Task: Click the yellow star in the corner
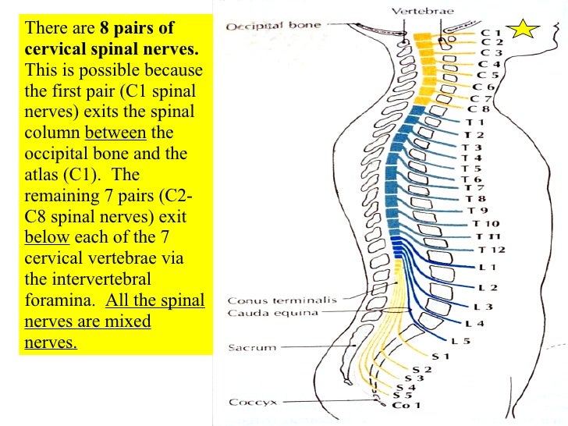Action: pyautogui.click(x=524, y=29)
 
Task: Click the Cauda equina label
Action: pyautogui.click(x=262, y=313)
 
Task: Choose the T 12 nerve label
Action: pyautogui.click(x=492, y=249)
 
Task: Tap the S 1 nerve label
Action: pyautogui.click(x=441, y=356)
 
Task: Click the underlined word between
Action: pyautogui.click(x=115, y=133)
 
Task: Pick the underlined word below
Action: pyautogui.click(x=46, y=237)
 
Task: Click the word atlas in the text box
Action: pyautogui.click(x=43, y=174)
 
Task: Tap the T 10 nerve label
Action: pyautogui.click(x=489, y=223)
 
